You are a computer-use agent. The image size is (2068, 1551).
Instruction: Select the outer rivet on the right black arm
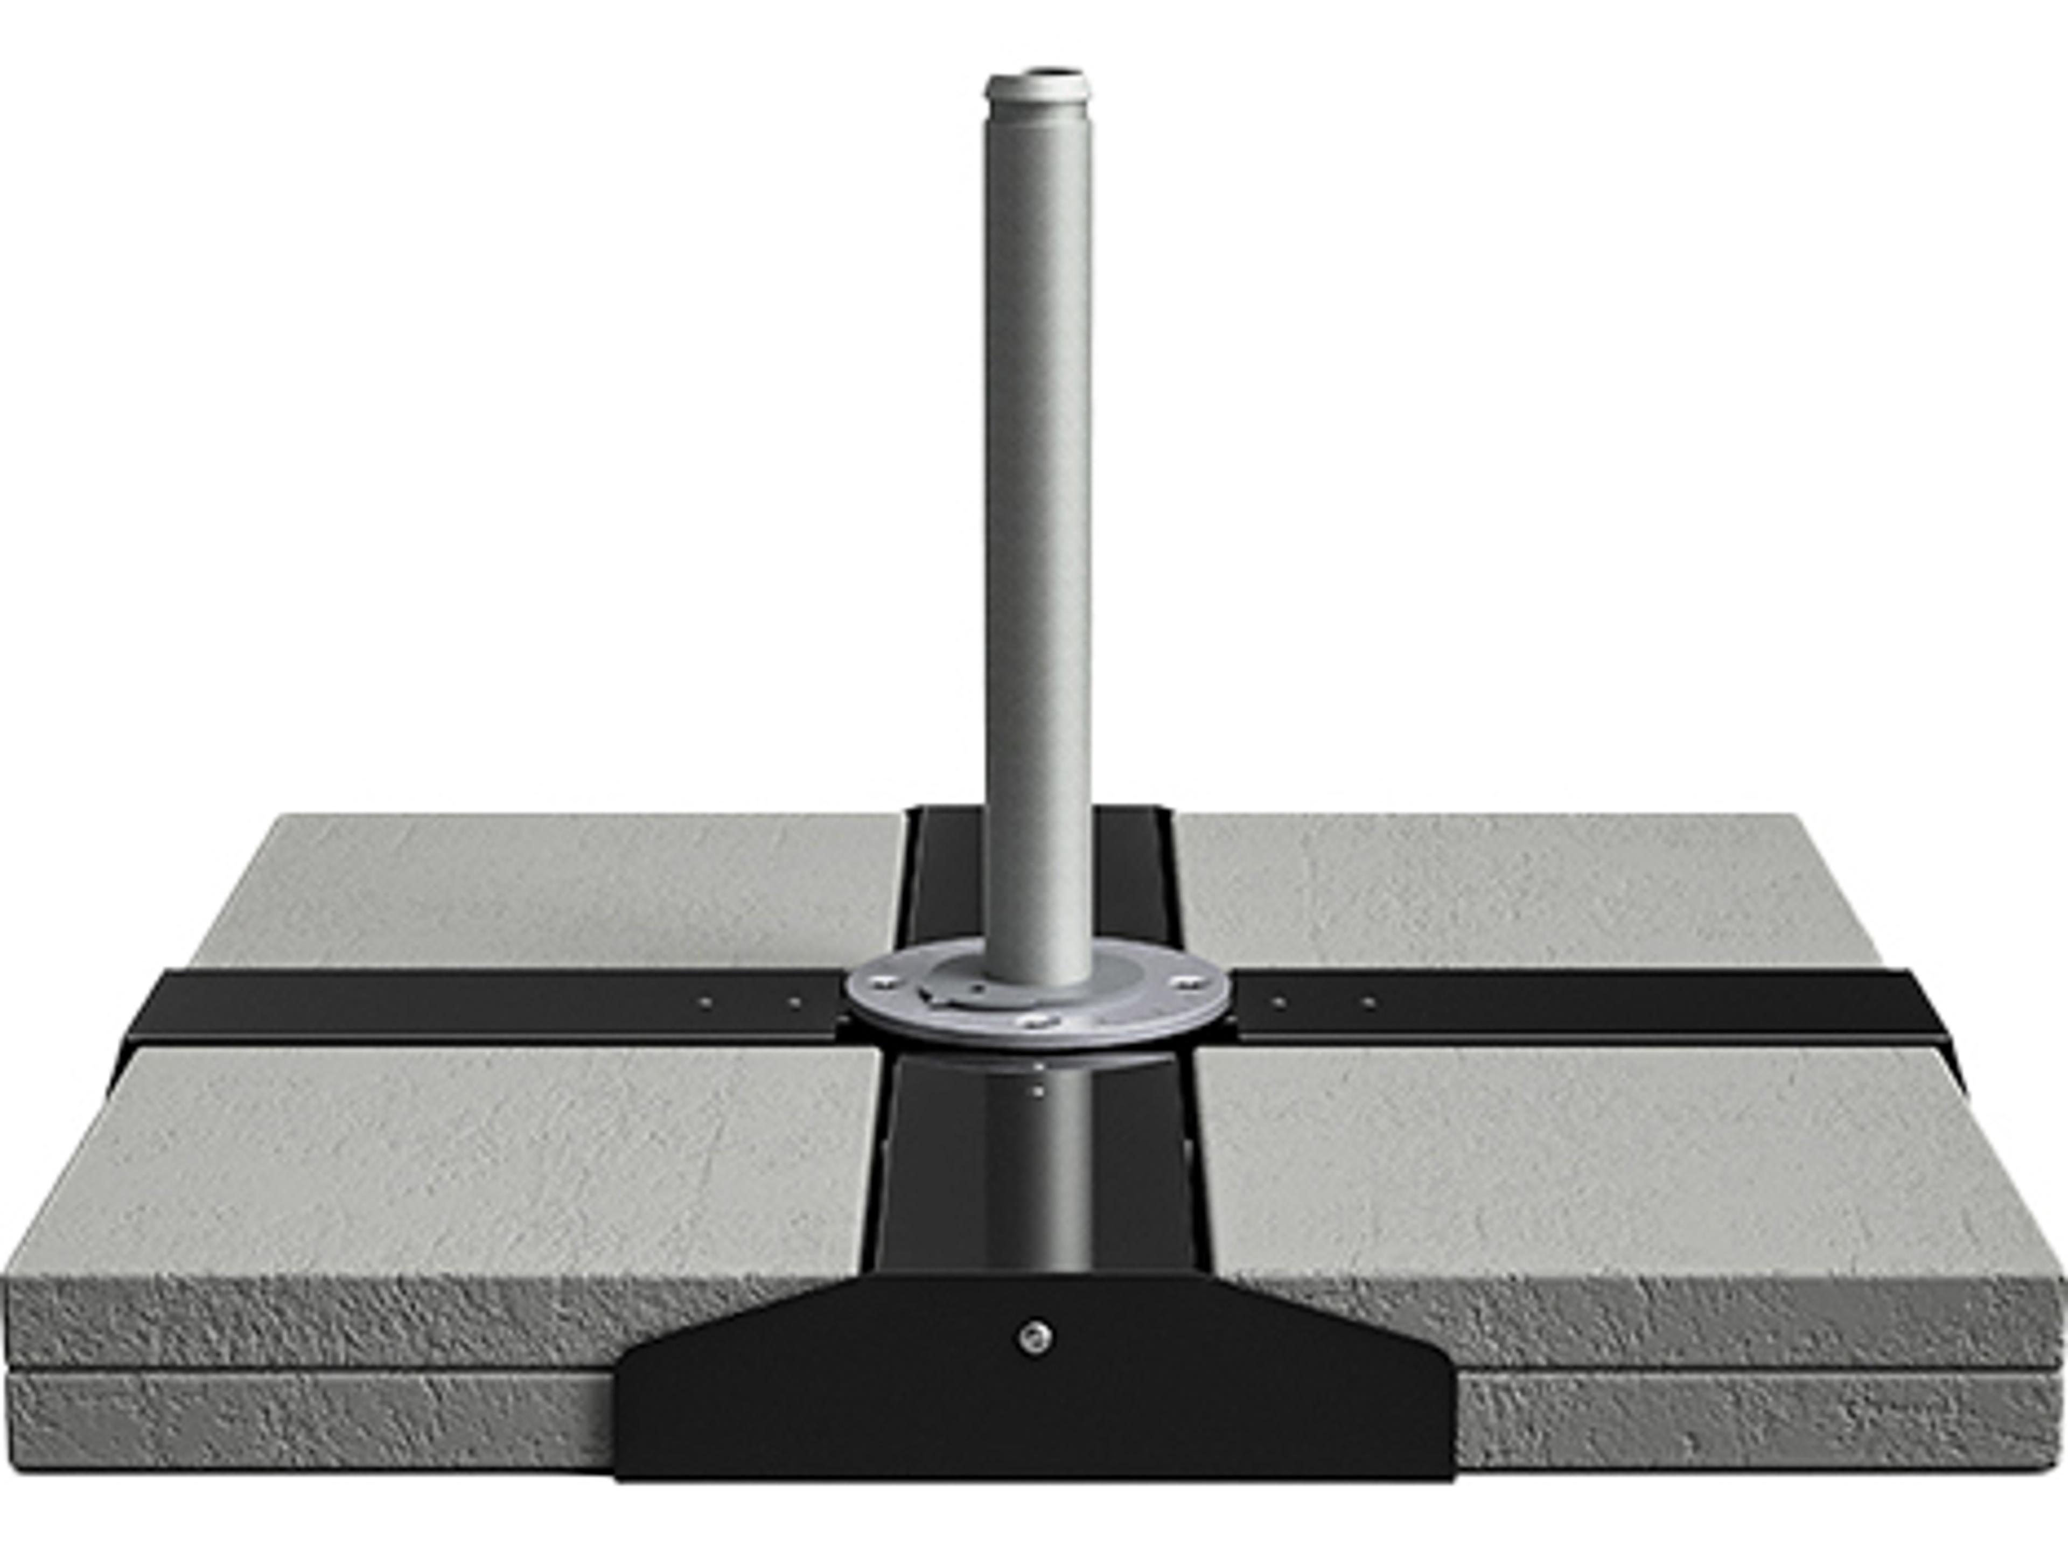tap(1368, 1002)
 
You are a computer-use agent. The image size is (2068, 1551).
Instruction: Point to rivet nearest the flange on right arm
tap(1279, 1002)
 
